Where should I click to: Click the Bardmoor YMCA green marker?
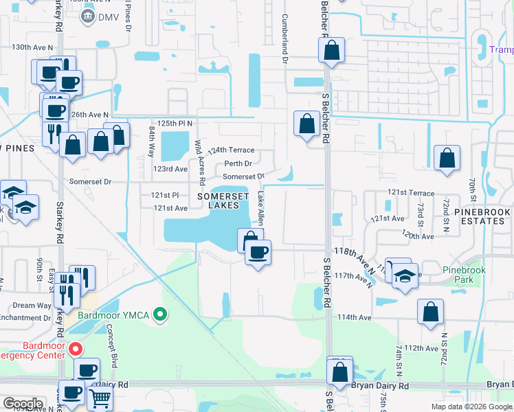(161, 315)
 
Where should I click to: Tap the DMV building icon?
(87, 16)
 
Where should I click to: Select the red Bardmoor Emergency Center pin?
(76, 349)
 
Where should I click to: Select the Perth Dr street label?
(238, 164)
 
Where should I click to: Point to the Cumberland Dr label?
(284, 41)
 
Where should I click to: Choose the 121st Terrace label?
(411, 194)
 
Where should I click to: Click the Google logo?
(23, 404)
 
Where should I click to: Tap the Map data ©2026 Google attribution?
(471, 407)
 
